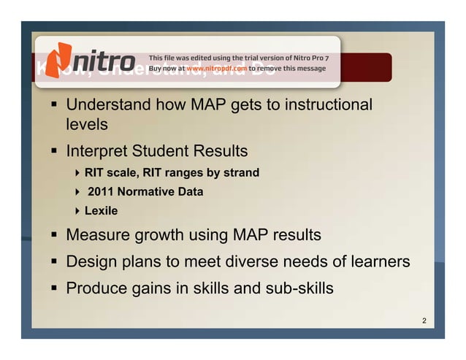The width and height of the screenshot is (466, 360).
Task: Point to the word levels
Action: coord(87,125)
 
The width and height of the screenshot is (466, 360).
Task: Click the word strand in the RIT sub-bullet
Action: coord(240,173)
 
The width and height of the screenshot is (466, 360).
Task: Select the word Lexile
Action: coord(102,211)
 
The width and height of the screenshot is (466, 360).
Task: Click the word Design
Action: coord(91,261)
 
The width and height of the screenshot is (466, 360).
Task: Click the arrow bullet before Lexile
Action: coord(77,211)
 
